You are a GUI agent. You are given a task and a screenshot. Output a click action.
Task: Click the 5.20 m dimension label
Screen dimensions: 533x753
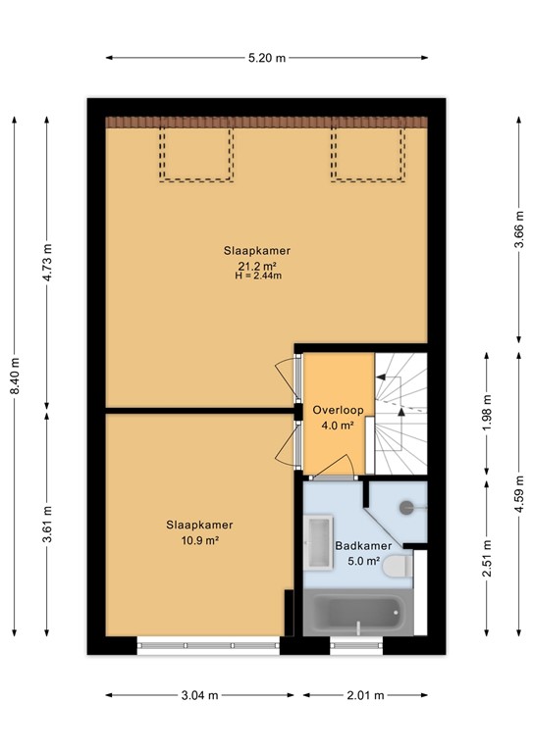(267, 58)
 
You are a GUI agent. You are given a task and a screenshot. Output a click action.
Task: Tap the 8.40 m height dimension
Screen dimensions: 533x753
(15, 376)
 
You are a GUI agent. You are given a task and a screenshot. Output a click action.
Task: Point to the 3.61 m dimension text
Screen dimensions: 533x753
(47, 525)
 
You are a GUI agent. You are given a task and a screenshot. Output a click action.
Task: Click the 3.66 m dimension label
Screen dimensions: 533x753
(519, 229)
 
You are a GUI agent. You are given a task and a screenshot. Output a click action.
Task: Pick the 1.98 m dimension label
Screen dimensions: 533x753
(487, 413)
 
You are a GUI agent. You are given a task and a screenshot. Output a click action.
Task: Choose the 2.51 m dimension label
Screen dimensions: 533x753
(487, 558)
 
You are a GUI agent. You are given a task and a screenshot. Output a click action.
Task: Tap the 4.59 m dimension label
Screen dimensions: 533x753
(519, 494)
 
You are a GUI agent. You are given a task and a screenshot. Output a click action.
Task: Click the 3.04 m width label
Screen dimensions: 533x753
(200, 695)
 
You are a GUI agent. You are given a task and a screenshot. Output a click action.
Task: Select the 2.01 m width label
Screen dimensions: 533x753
(366, 695)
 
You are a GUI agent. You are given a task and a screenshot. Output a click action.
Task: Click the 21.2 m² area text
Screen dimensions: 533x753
(257, 266)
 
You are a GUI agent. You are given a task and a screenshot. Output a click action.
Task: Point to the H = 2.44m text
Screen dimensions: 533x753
(258, 276)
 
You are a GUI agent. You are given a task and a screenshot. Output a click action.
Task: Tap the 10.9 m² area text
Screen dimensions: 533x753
(200, 540)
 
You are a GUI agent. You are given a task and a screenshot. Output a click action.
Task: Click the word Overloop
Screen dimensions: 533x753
(338, 410)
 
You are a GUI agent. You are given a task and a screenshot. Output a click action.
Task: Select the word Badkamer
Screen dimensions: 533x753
(363, 545)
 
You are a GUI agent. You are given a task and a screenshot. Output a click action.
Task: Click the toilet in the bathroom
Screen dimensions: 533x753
(398, 567)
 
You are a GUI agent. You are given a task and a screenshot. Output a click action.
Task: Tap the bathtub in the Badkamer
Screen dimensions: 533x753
(358, 613)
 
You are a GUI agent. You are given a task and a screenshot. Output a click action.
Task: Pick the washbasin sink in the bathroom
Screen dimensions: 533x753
(318, 542)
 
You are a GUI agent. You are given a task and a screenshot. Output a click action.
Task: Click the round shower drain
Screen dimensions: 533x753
(406, 507)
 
